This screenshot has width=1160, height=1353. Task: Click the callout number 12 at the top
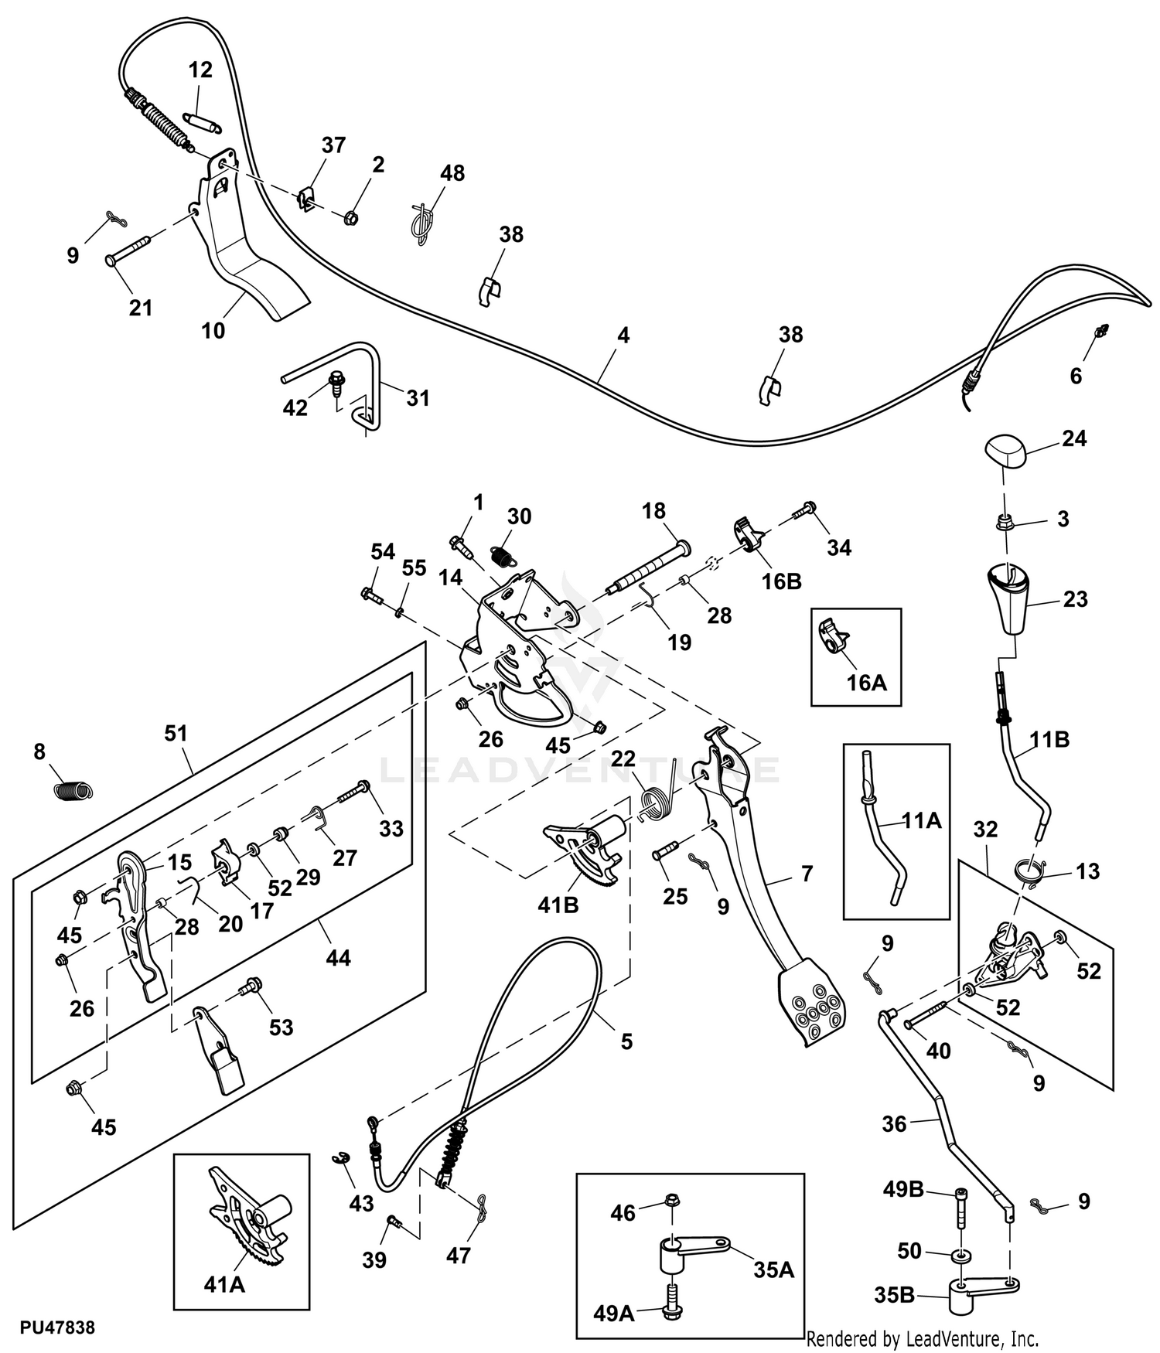pyautogui.click(x=200, y=70)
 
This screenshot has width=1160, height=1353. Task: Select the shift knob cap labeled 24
pyautogui.click(x=1005, y=452)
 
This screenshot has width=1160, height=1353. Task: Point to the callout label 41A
pyautogui.click(x=224, y=1285)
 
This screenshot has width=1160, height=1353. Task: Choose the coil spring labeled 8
pyautogui.click(x=73, y=790)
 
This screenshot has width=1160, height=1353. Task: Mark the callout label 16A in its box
pyautogui.click(x=867, y=682)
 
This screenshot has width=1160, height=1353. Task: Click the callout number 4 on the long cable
pyautogui.click(x=623, y=335)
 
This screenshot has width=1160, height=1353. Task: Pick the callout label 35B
pyautogui.click(x=895, y=1294)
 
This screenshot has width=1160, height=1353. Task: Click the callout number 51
pyautogui.click(x=176, y=732)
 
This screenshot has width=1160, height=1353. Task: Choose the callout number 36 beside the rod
pyautogui.click(x=894, y=1123)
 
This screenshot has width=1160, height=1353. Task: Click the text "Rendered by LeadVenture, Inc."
pyautogui.click(x=923, y=1338)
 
